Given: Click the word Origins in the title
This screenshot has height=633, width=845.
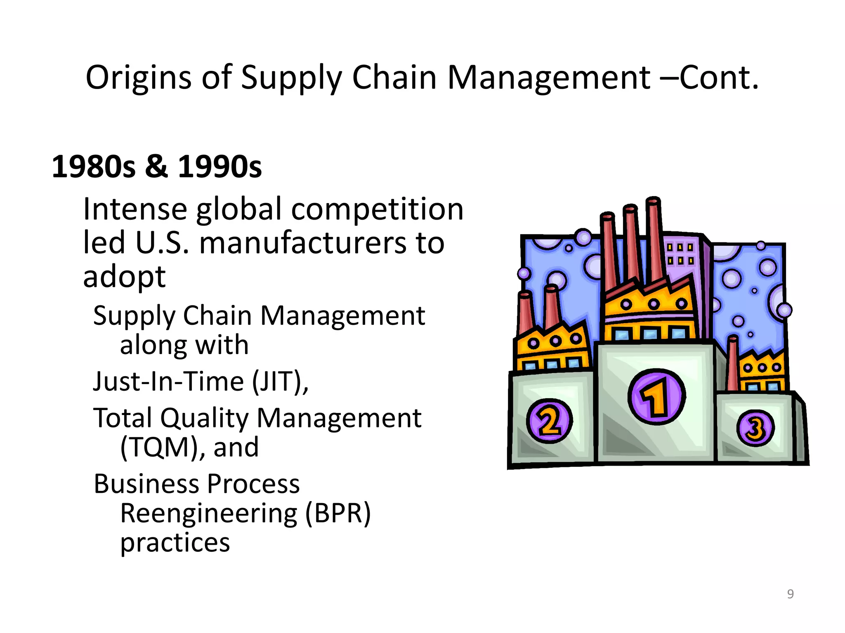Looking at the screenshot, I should click(138, 77).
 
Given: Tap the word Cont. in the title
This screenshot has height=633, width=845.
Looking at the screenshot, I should click(719, 77).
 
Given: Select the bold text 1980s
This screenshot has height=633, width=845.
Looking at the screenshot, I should click(93, 167).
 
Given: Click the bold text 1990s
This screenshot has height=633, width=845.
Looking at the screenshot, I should click(220, 167).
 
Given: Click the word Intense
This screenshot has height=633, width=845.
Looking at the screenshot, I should click(135, 209).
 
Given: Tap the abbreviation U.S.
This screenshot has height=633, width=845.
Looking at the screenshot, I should click(162, 242).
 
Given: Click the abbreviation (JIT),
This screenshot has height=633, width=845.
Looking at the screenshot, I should click(281, 381).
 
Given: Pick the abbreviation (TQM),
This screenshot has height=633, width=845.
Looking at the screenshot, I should click(163, 447).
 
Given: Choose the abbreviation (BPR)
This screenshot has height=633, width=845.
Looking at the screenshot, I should click(338, 513).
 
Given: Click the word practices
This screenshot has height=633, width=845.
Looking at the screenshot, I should click(175, 543).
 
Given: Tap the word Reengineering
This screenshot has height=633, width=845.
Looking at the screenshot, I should click(209, 513).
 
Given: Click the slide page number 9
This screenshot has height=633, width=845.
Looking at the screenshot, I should click(790, 594).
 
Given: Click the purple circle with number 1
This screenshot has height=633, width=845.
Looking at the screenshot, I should click(656, 396).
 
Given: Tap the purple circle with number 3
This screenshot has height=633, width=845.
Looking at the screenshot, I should click(755, 428).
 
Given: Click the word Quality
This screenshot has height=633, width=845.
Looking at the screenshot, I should click(205, 418).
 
